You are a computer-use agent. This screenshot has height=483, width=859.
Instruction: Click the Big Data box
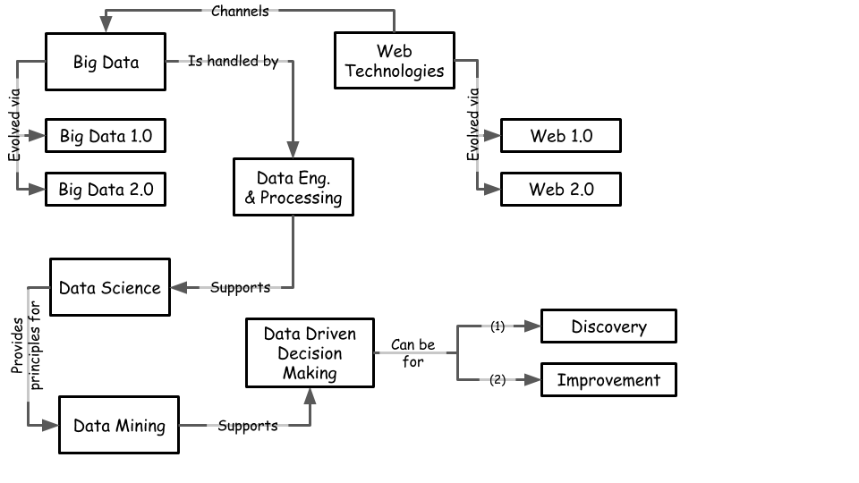[106, 62]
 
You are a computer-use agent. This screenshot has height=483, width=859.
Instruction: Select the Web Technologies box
[395, 61]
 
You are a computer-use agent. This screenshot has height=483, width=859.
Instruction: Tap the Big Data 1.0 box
[106, 137]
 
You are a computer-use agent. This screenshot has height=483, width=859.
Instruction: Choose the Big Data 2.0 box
[106, 190]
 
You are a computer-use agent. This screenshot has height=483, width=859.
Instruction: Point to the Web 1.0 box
[561, 136]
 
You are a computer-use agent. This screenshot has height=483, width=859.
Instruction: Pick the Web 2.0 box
[561, 189]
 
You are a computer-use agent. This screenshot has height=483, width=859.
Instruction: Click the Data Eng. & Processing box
[293, 187]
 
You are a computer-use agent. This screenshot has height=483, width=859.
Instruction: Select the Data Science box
[109, 288]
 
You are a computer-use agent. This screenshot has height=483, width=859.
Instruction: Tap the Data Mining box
[119, 425]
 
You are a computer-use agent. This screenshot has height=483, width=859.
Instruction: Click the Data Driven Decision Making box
[310, 353]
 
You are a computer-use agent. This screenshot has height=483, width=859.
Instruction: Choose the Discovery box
[608, 326]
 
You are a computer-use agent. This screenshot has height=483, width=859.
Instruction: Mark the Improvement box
[608, 380]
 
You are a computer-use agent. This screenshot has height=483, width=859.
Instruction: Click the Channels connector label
[240, 12]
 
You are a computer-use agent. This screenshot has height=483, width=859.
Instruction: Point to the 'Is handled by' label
[233, 62]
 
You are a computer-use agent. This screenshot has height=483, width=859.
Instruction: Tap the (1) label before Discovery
[498, 326]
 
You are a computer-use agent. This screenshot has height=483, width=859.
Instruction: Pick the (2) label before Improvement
[498, 380]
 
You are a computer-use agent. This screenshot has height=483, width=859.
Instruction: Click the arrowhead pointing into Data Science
[178, 288]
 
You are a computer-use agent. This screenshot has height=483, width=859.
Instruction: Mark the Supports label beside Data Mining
[248, 426]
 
